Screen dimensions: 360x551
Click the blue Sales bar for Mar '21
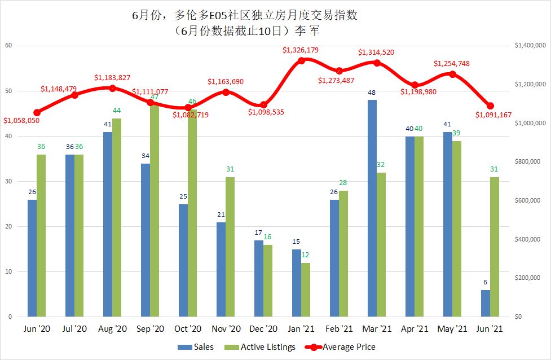point(372,208)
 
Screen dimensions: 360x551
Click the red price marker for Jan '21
point(301,60)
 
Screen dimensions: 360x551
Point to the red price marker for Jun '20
point(37,112)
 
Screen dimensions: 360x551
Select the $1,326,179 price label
point(301,50)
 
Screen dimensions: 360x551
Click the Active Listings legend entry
point(263,347)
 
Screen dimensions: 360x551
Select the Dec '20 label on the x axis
point(263,328)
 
